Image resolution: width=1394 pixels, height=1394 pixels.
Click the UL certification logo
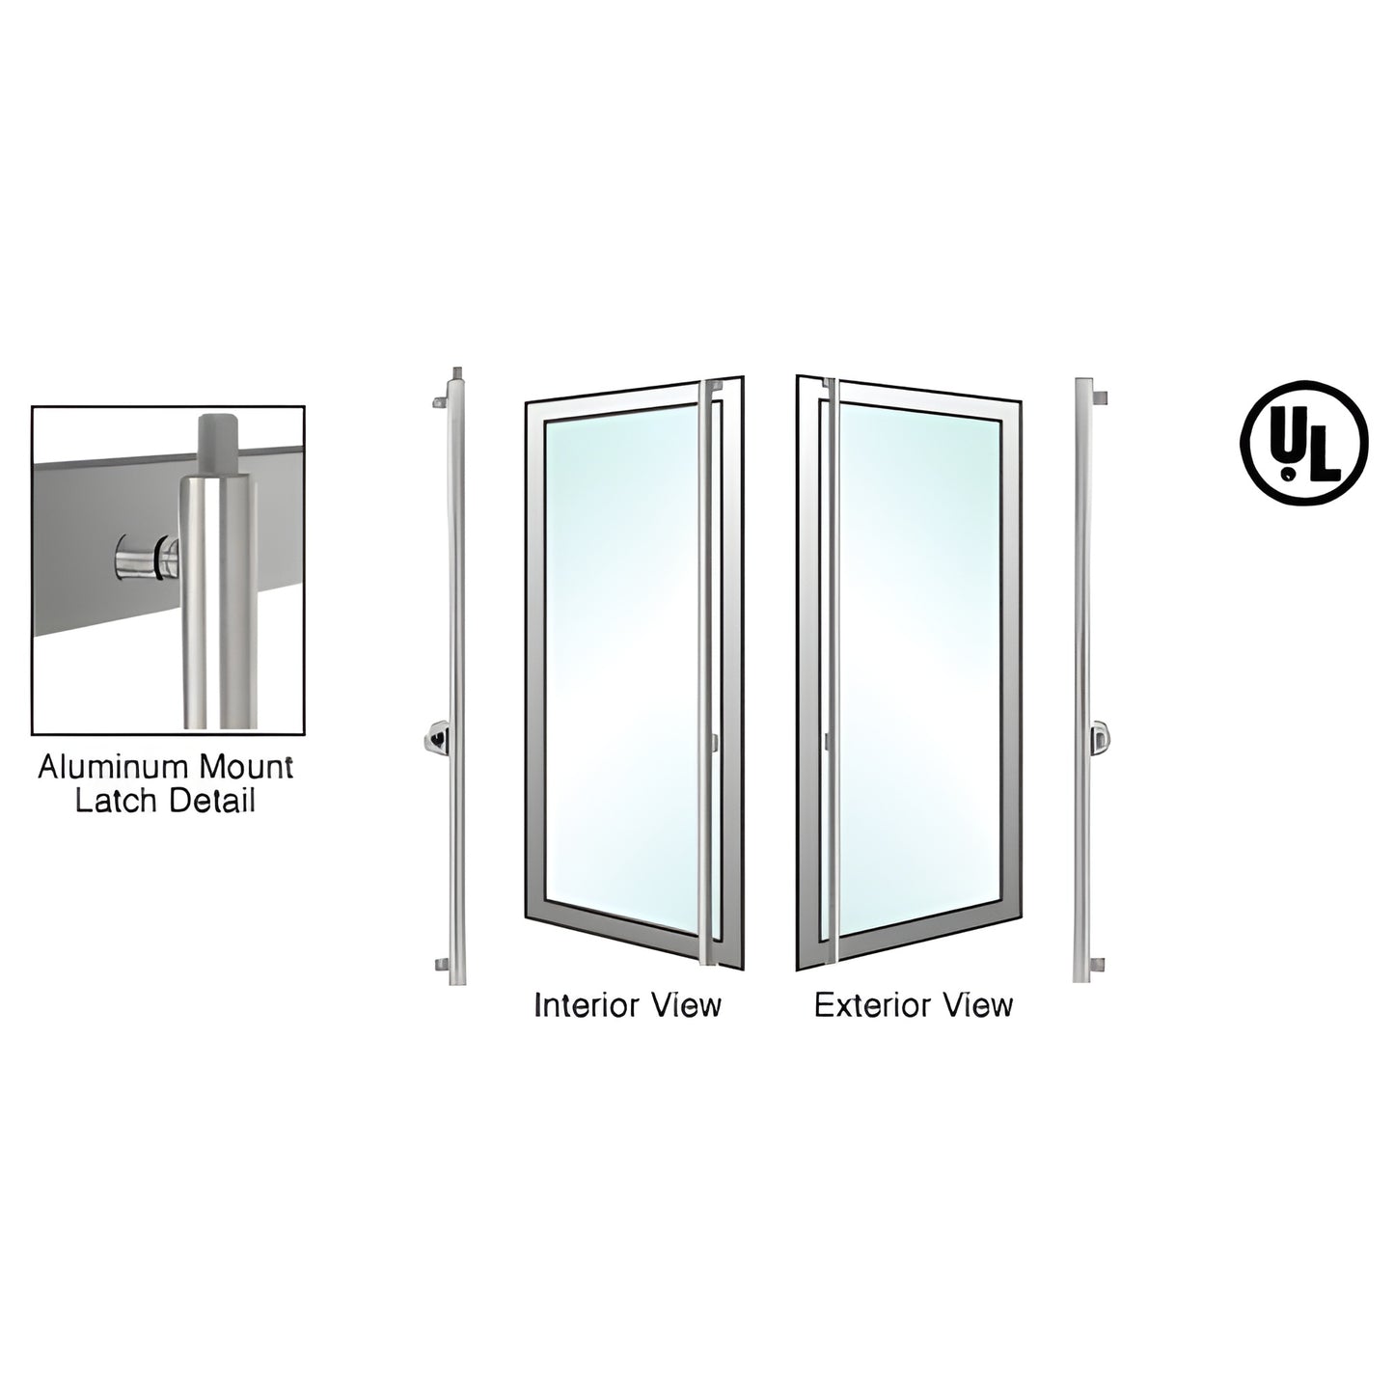pos(1303,443)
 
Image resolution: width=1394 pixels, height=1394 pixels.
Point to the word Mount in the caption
pos(245,768)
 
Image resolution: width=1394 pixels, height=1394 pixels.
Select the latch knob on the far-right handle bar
pos(1098,739)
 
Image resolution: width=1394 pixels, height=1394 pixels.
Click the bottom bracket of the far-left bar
pos(441,963)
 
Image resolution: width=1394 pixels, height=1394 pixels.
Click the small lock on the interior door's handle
pos(715,743)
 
